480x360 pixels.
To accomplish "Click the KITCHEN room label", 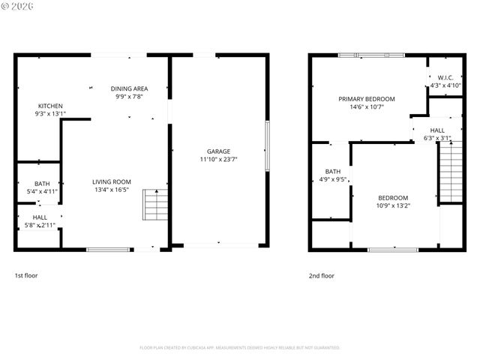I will [x=50, y=106].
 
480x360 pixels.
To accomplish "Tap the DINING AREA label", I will [x=129, y=88].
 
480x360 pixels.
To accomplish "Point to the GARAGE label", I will [x=219, y=151].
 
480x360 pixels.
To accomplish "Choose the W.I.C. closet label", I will [x=445, y=78].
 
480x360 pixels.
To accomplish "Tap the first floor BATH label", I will [x=41, y=184].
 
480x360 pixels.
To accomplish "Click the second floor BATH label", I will [x=333, y=171].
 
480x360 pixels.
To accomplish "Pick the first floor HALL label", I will [x=40, y=217].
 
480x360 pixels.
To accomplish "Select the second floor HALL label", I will [x=437, y=130].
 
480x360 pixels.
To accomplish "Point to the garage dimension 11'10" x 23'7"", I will [x=219, y=159].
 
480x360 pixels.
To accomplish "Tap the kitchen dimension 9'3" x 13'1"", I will [x=50, y=114].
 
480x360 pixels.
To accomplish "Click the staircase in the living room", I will [x=154, y=204].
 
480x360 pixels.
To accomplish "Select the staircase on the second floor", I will [x=450, y=172].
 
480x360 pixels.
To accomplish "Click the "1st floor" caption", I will [x=26, y=275].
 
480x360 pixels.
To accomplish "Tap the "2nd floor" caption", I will [x=322, y=275].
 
